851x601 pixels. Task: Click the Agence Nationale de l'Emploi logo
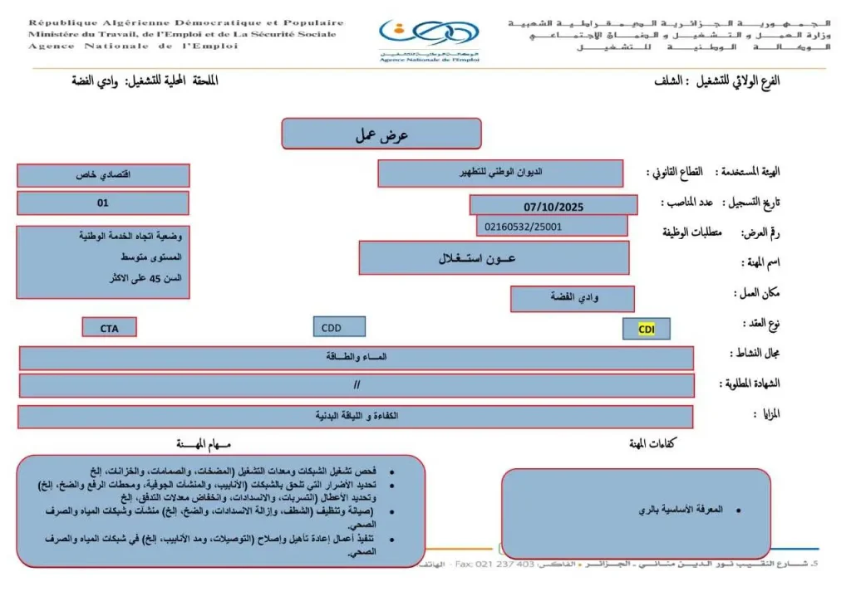(429, 38)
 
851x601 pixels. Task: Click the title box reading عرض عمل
(381, 134)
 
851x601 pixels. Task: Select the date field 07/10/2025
(553, 205)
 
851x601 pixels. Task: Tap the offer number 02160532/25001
(552, 225)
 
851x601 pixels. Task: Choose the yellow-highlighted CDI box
(647, 329)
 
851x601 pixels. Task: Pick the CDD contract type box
(339, 327)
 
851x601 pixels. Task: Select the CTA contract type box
(110, 328)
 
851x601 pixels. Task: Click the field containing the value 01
(103, 203)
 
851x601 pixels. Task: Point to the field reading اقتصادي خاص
(103, 175)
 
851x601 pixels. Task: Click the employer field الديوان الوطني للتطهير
(500, 173)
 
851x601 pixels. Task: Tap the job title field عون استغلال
(494, 258)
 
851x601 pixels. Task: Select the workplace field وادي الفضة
(573, 298)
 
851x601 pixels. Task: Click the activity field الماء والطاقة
(357, 358)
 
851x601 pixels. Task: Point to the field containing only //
(357, 385)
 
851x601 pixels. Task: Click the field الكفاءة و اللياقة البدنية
(357, 416)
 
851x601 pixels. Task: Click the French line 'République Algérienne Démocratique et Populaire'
(186, 23)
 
